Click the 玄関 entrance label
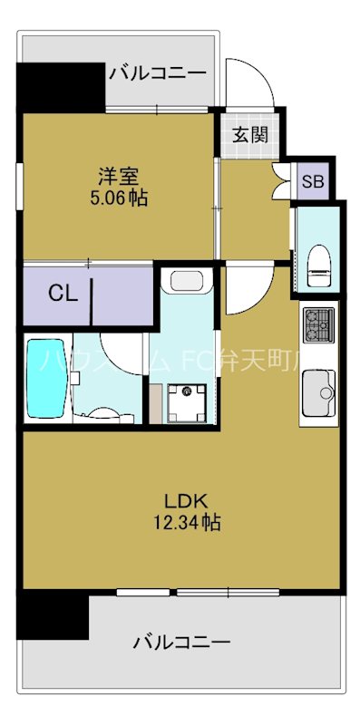[x=249, y=136]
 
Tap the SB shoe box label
[x=312, y=181]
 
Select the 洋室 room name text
[x=118, y=175]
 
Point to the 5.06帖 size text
[x=118, y=195]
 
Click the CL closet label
[x=62, y=293]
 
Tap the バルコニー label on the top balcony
[x=158, y=73]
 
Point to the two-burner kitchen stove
[x=317, y=324]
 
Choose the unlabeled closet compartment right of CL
[x=123, y=293]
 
